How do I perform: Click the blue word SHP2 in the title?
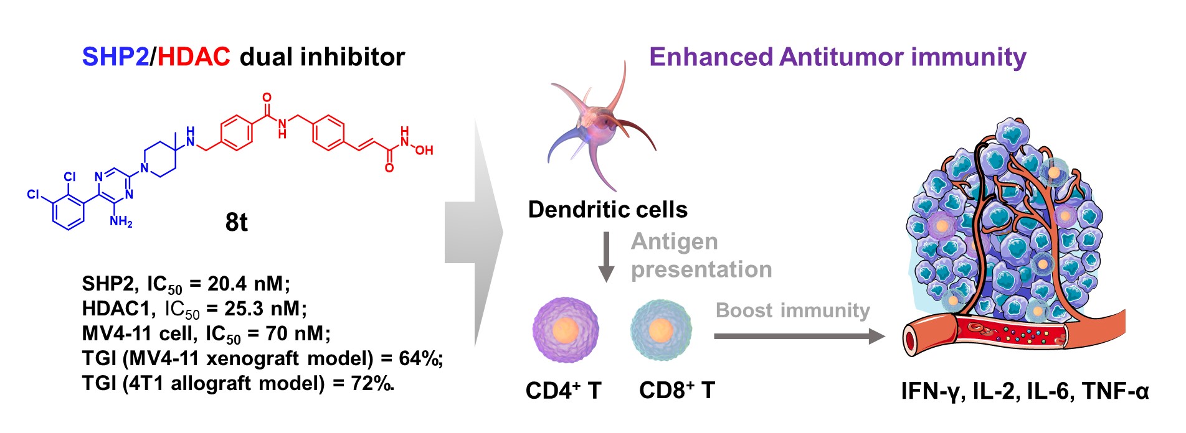click(115, 57)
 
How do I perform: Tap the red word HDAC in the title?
click(194, 57)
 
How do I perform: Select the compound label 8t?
click(236, 222)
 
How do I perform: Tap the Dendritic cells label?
click(607, 210)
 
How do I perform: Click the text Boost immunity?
click(792, 310)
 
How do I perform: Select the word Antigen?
click(674, 241)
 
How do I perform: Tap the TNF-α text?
click(1115, 391)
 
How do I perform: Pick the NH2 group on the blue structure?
click(121, 221)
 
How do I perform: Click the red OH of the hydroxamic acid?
click(424, 151)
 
